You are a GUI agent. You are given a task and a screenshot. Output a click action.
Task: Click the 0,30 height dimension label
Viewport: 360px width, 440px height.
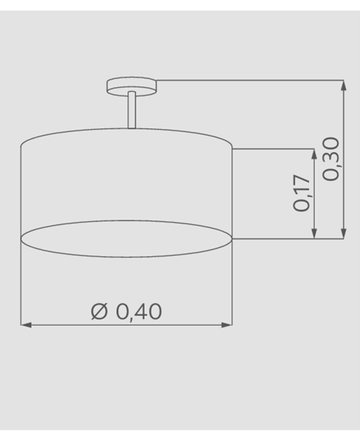[x=331, y=159]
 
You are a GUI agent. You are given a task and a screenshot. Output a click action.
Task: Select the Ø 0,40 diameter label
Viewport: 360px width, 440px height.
[x=127, y=311]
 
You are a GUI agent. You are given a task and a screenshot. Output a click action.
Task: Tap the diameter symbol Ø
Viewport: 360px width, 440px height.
[x=99, y=311]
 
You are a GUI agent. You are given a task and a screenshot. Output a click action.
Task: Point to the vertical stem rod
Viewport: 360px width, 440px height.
[x=132, y=110]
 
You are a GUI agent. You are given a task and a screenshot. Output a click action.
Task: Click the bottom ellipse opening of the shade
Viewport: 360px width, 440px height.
[x=127, y=239]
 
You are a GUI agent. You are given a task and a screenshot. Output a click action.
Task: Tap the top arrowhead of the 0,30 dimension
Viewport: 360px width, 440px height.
[x=344, y=85]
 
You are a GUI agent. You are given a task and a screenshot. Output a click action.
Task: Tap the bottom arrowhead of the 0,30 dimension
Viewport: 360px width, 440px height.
[x=344, y=234]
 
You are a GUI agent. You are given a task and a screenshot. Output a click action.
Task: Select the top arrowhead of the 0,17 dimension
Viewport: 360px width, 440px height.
[x=314, y=154]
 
